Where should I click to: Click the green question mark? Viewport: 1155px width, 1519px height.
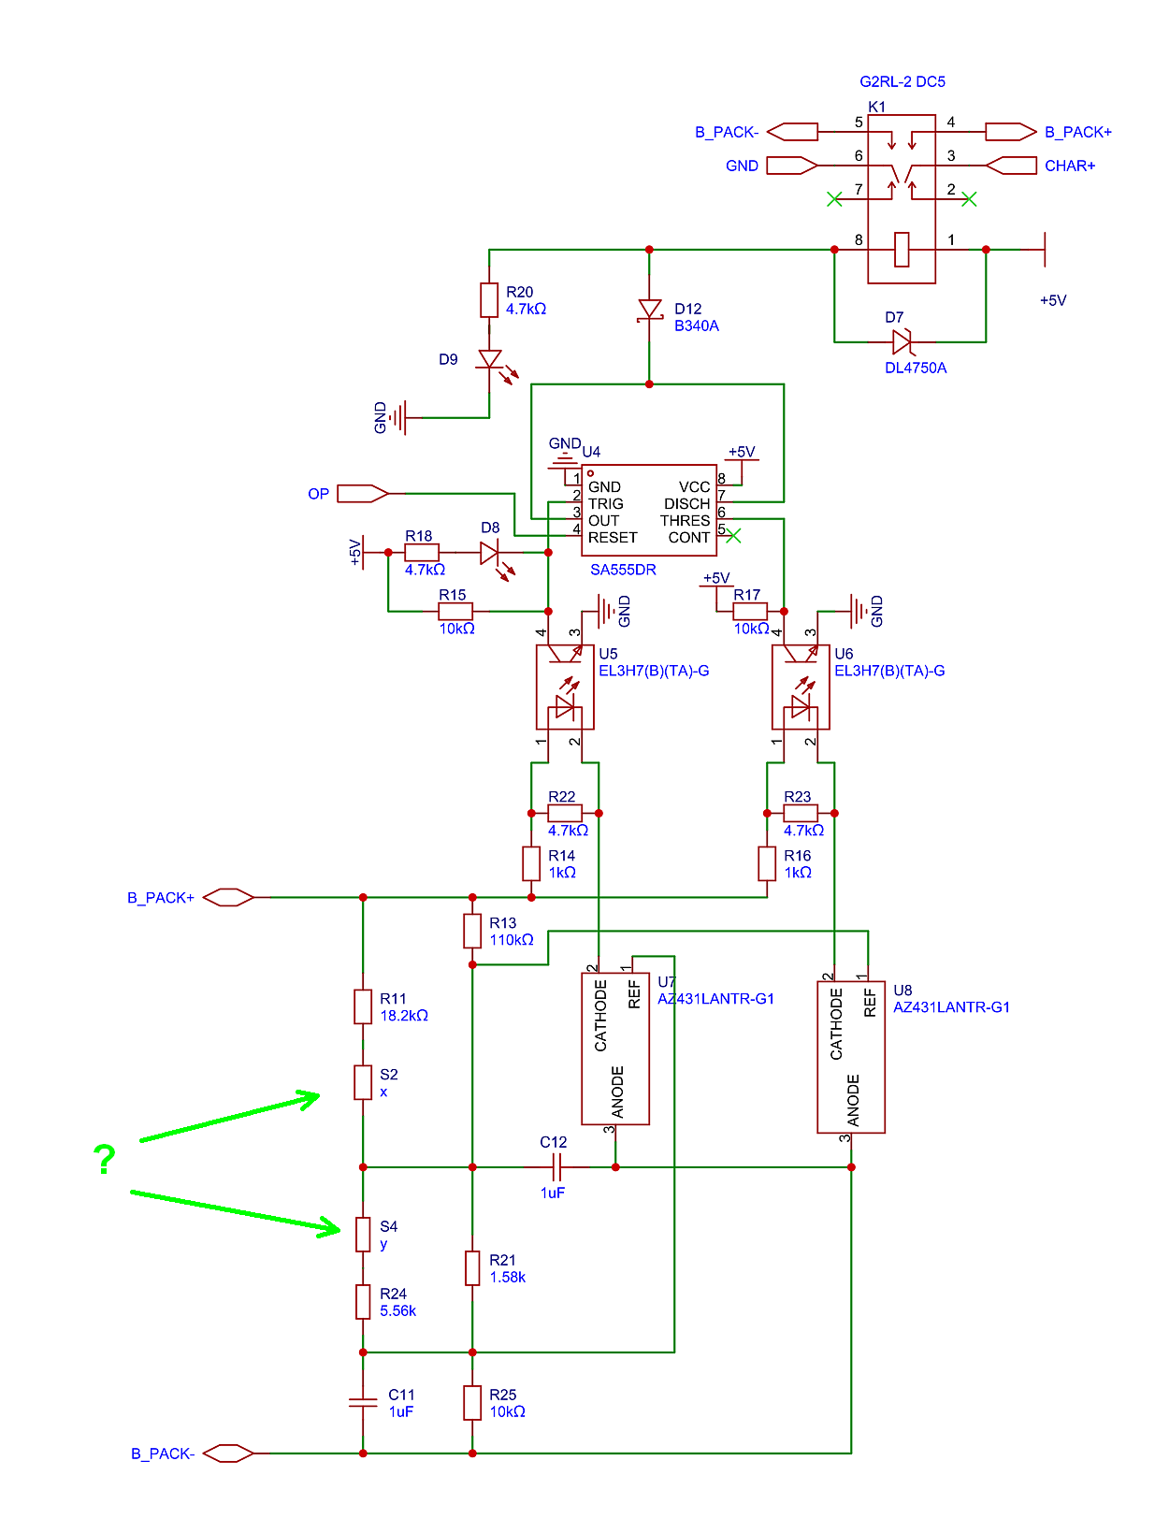[105, 1157]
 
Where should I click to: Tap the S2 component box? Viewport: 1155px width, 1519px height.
[363, 1081]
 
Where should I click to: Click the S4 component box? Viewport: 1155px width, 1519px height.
[363, 1233]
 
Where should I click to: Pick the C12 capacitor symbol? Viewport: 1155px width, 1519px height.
[556, 1166]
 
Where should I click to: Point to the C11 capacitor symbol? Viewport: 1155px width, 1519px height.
[363, 1401]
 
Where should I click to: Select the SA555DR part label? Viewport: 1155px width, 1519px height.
[623, 569]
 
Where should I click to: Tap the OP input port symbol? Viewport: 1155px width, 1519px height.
[363, 493]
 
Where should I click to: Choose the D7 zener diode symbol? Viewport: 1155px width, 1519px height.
[902, 341]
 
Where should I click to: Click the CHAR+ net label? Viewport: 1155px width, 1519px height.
[1069, 166]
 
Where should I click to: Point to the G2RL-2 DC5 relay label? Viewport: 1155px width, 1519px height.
[902, 81]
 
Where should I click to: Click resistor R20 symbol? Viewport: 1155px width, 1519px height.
[488, 299]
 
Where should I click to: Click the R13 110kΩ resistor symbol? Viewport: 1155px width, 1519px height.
[471, 930]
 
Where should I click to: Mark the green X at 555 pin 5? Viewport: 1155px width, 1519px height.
[732, 535]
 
